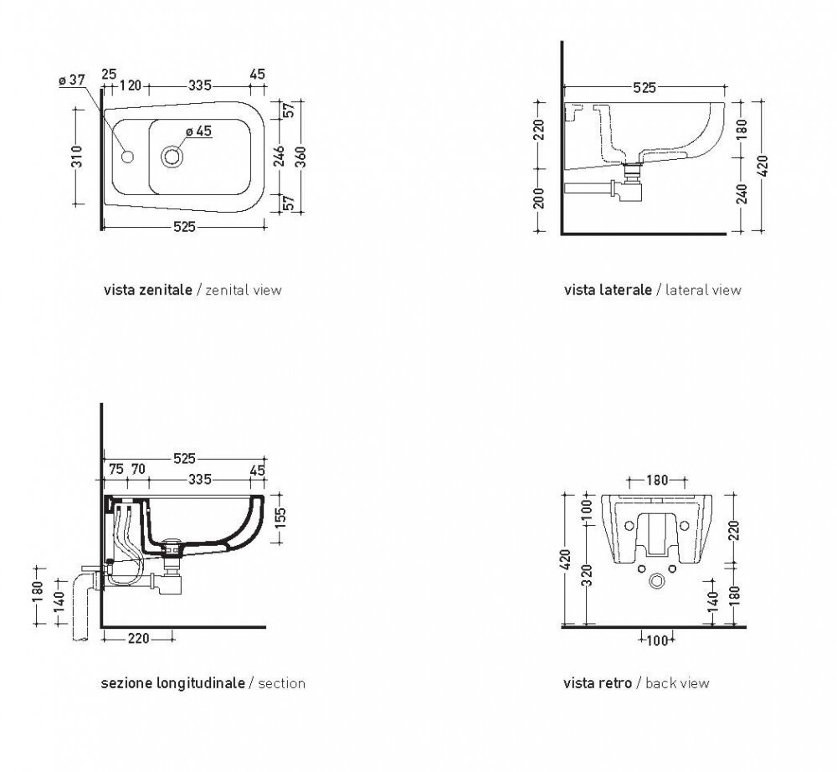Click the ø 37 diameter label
pos(71,80)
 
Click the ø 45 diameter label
pos(198,131)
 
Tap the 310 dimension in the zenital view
pos(77,157)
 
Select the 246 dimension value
pos(280,156)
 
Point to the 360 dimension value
pos(301,157)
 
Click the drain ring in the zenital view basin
pos(172,157)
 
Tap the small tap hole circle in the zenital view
pos(127,157)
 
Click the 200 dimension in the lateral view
pos(540,198)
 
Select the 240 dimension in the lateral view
pos(742,193)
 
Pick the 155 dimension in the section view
pos(281,517)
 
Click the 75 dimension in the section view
pos(116,469)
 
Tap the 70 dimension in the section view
pos(138,469)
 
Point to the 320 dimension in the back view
pos(588,575)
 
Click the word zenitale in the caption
pos(166,290)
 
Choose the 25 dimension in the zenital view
pos(109,74)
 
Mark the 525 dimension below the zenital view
pos(184,227)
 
